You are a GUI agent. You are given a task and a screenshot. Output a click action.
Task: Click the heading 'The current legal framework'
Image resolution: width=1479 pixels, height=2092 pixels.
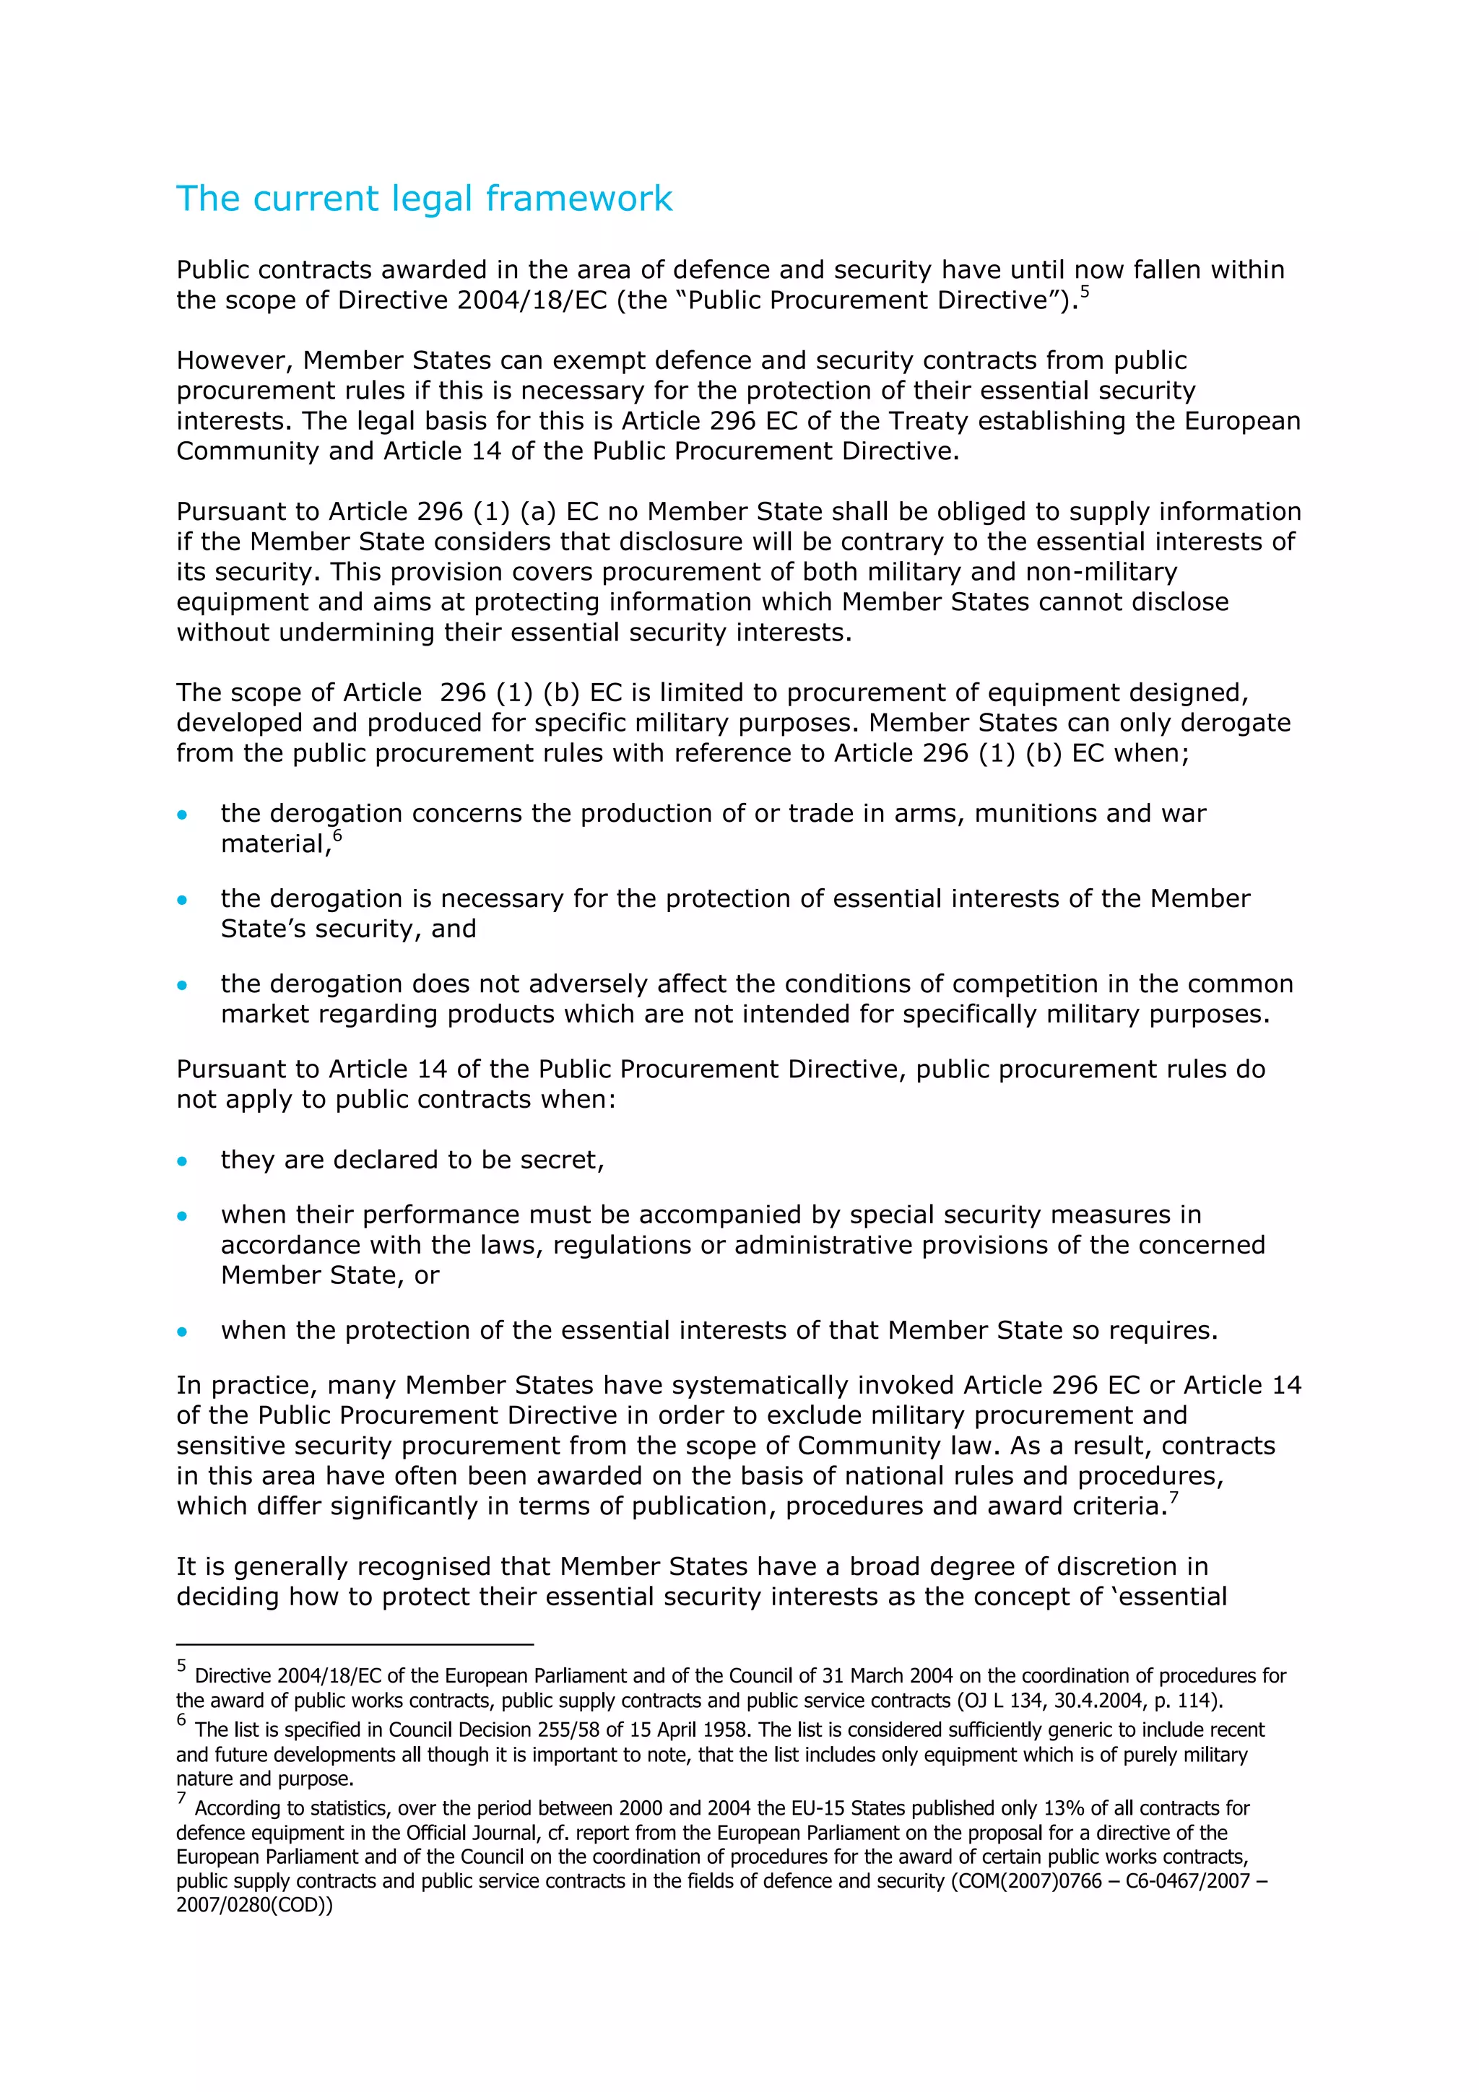click(424, 199)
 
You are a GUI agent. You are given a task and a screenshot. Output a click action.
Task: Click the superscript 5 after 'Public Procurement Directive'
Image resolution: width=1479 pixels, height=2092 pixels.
click(1085, 292)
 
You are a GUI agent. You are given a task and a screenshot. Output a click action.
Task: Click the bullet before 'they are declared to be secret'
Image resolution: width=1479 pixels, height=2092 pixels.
click(182, 1160)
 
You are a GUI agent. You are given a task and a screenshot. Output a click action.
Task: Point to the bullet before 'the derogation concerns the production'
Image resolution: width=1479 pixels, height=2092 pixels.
click(182, 815)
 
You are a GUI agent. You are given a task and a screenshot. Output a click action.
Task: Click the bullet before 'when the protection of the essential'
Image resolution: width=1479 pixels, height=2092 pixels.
click(182, 1331)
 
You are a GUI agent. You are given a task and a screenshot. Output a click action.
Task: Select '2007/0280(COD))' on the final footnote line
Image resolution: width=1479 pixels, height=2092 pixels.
click(254, 1905)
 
